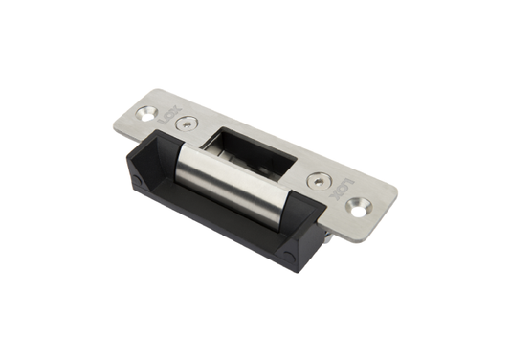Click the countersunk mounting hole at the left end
[x=146, y=112]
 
